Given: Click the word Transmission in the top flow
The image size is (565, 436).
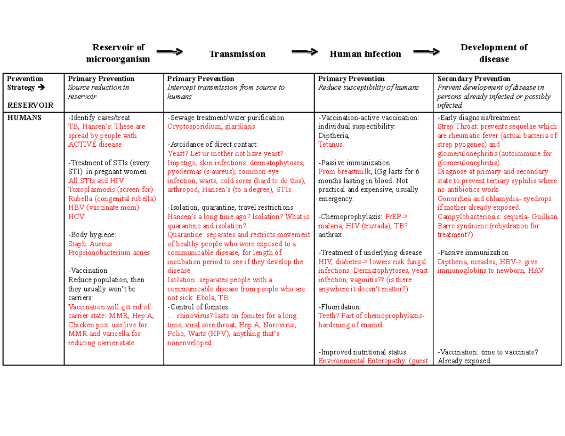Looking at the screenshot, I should [x=237, y=54].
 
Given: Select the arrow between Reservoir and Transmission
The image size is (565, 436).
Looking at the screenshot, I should [x=169, y=52].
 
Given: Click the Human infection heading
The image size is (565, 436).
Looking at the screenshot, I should [x=365, y=54].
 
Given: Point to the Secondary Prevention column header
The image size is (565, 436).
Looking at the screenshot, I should [x=474, y=79].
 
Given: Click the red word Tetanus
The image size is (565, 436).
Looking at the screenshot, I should [x=331, y=144].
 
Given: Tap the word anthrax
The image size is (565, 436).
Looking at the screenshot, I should [x=330, y=235].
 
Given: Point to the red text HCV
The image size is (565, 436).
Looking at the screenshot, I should [x=76, y=216].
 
